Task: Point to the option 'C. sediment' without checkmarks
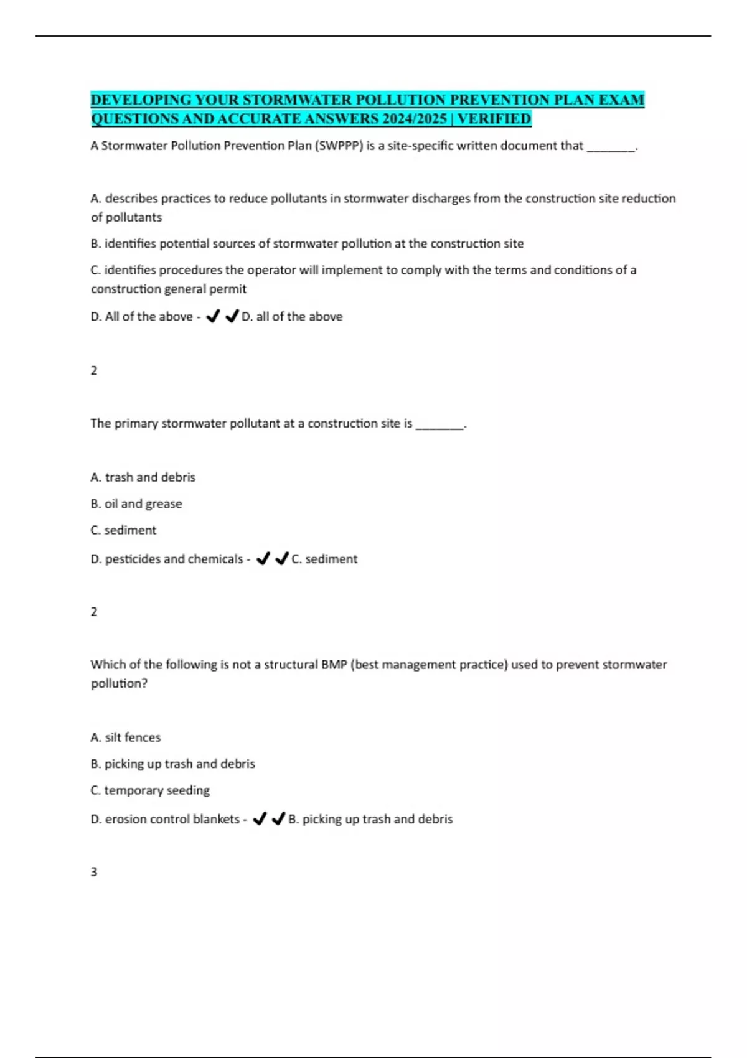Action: click(123, 530)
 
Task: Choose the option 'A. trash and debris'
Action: click(143, 477)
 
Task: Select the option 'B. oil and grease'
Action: click(136, 503)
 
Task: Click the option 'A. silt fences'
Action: click(125, 737)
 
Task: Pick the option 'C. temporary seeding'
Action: click(150, 790)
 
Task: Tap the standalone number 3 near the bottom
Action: click(94, 872)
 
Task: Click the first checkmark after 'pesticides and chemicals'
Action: click(263, 559)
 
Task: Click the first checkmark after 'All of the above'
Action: click(213, 317)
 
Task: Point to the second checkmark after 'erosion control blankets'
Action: click(279, 819)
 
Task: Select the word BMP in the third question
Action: click(334, 665)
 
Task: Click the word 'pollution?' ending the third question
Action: click(119, 683)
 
